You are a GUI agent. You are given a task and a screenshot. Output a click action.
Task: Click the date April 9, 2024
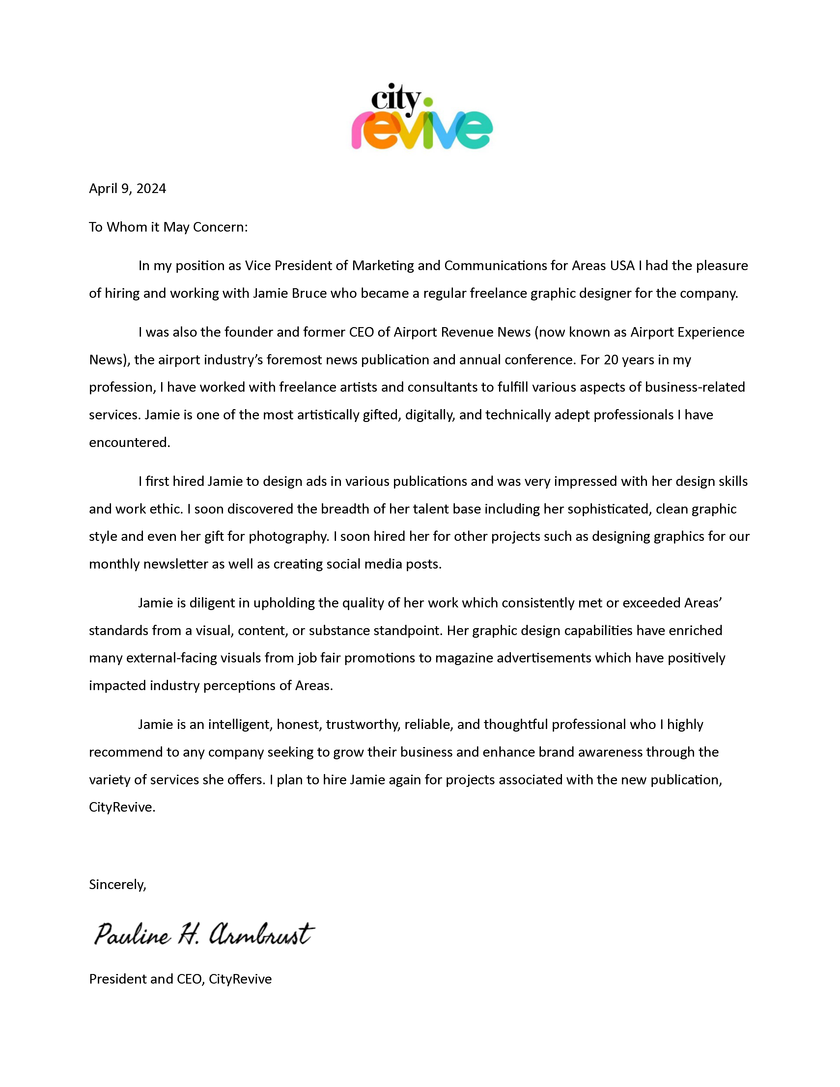click(x=127, y=189)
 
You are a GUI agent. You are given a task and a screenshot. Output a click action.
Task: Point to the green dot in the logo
click(x=427, y=102)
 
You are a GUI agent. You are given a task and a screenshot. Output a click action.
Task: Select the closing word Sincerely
click(x=118, y=884)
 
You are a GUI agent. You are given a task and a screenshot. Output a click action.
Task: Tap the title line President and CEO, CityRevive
click(x=180, y=979)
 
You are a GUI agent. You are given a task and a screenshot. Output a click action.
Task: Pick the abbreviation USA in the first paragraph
click(x=622, y=266)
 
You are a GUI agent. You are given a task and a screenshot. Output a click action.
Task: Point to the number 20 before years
click(x=611, y=360)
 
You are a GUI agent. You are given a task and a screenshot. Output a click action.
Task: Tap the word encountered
click(x=129, y=442)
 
